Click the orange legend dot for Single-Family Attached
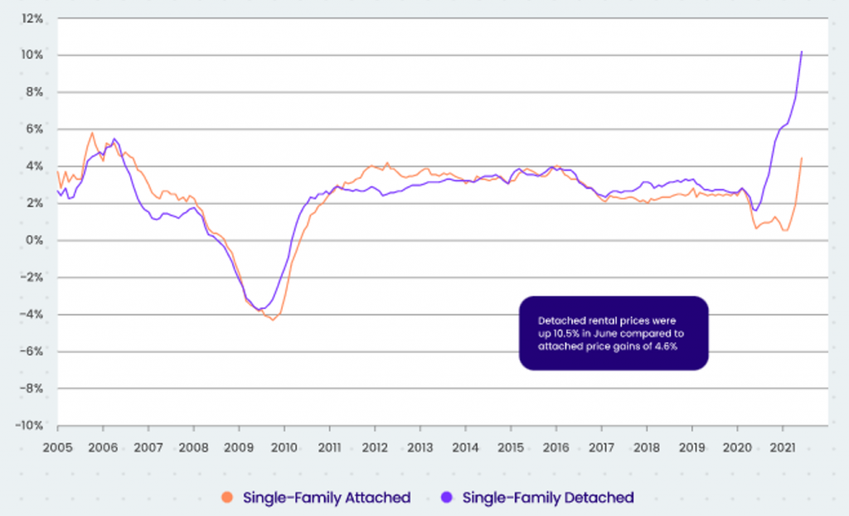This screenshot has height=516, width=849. click(227, 498)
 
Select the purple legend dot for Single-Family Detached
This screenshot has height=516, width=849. click(448, 498)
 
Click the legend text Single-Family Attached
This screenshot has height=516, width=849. click(327, 498)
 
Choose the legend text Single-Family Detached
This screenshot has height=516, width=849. click(547, 498)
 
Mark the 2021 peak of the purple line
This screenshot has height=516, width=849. click(802, 51)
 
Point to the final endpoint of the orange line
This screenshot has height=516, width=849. click(802, 157)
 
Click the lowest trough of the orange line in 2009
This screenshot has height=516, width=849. click(273, 320)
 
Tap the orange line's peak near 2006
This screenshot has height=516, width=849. click(92, 133)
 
